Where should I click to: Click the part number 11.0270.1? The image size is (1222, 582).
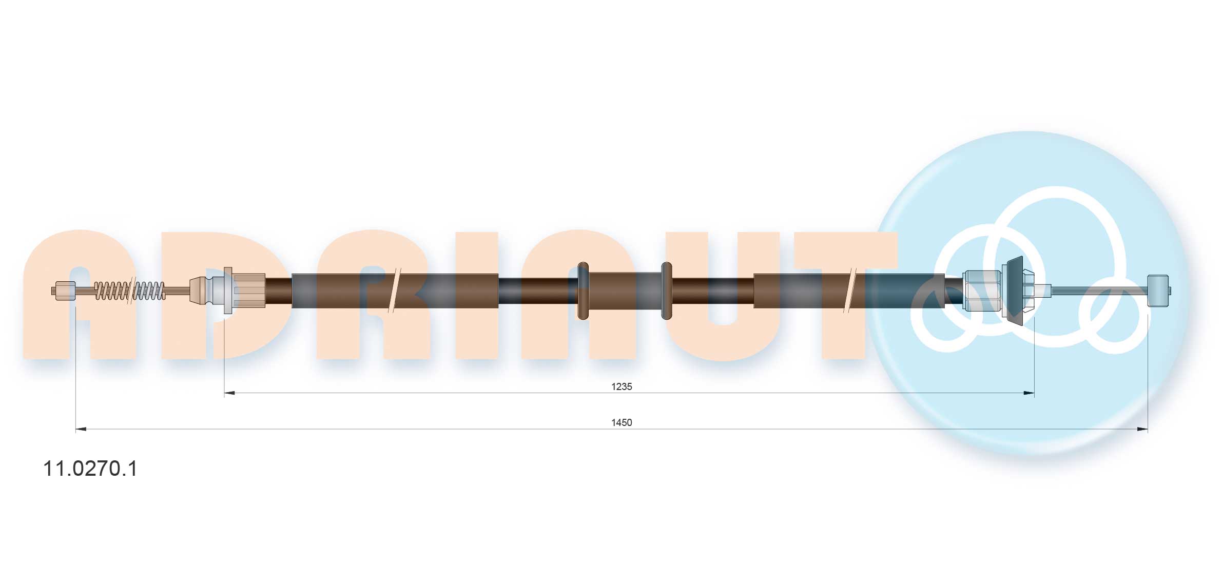(90, 469)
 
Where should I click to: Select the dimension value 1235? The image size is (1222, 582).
(622, 386)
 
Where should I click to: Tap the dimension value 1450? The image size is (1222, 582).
(622, 422)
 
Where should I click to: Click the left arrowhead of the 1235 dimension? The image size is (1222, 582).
(230, 393)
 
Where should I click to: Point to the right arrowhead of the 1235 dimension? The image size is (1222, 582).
(1029, 393)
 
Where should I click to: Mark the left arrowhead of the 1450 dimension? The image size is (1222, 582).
(81, 429)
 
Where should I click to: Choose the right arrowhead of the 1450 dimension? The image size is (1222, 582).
(1142, 429)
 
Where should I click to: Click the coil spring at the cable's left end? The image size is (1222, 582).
(130, 291)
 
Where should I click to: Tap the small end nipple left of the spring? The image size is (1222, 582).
(64, 291)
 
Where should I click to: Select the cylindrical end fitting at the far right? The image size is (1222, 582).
(1159, 290)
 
